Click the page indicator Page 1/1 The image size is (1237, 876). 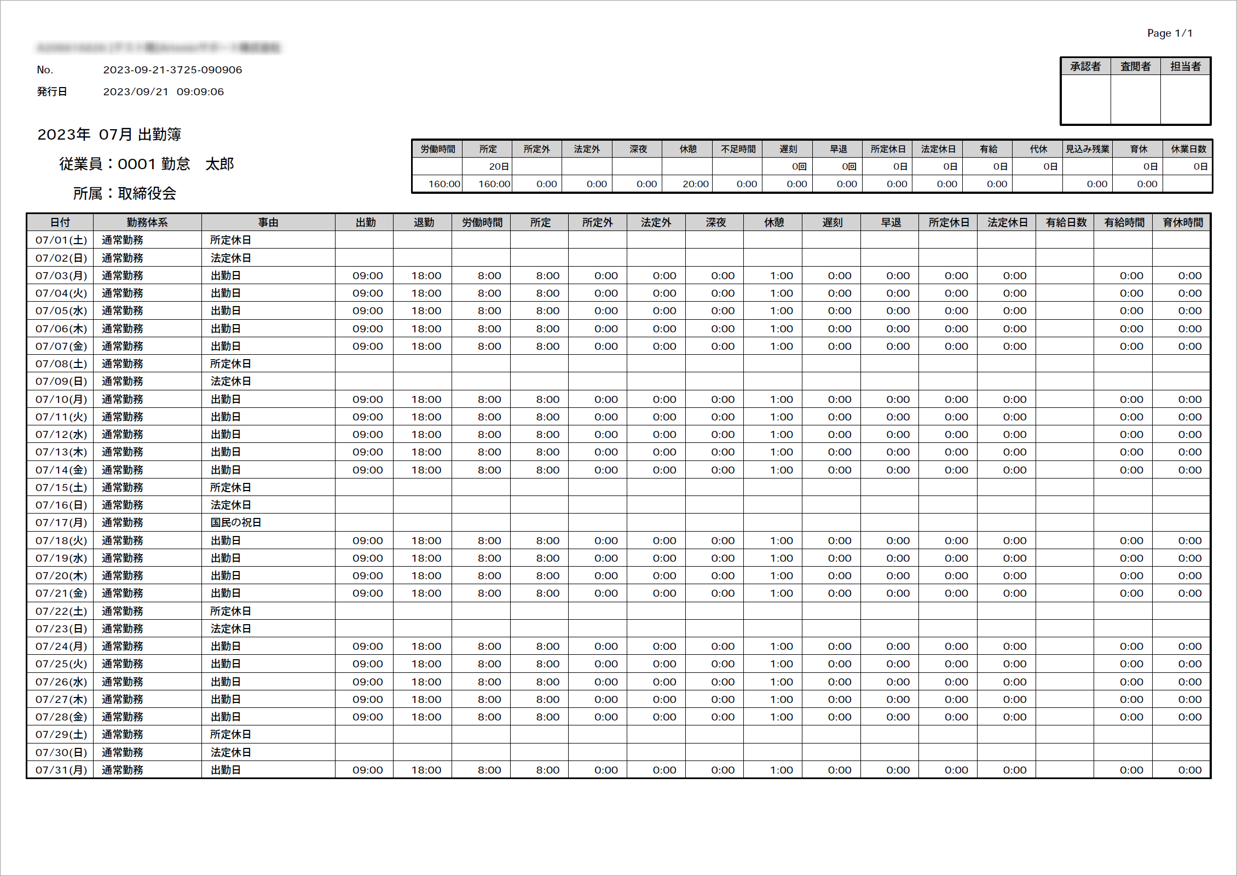(x=1169, y=33)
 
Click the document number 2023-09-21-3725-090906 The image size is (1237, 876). (x=172, y=70)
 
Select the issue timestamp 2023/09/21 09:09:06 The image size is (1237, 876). (x=163, y=92)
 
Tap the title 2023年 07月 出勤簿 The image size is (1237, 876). (x=109, y=135)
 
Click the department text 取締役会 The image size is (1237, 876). (x=147, y=193)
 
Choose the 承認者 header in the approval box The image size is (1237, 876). (x=1085, y=67)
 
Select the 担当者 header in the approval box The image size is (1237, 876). (x=1185, y=67)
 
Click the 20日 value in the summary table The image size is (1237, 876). (x=498, y=166)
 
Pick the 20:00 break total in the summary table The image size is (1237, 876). (x=695, y=184)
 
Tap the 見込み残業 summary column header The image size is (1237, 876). (x=1087, y=149)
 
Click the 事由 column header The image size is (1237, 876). (x=268, y=222)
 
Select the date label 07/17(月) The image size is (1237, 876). (x=61, y=523)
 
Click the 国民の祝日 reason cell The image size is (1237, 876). (x=236, y=523)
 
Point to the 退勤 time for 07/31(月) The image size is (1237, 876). (x=426, y=770)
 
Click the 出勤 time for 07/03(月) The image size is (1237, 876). (x=367, y=275)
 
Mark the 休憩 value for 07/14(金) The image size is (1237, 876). (x=781, y=470)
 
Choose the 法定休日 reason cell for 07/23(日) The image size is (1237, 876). (x=230, y=629)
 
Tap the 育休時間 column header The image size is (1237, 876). (x=1182, y=222)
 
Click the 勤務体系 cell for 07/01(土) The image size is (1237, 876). (x=123, y=240)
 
